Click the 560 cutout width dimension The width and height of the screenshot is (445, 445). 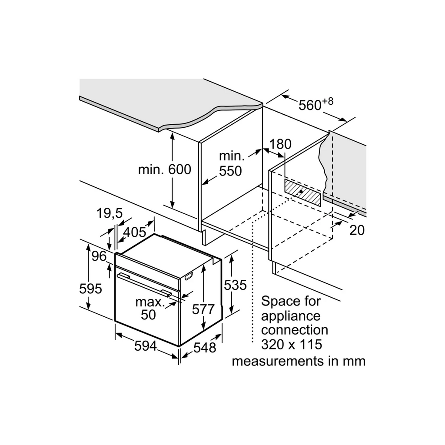tap(310, 105)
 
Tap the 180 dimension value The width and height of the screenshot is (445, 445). tap(280, 144)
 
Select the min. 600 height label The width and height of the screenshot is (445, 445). tap(165, 170)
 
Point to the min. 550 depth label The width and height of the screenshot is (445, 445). tap(231, 163)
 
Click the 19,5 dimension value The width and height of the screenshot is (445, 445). tap(109, 213)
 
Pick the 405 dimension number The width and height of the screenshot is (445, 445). tap(135, 232)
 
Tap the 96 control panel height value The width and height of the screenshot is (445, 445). tap(99, 256)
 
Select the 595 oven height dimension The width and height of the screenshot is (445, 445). tap(90, 289)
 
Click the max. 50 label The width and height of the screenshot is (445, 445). tap(149, 309)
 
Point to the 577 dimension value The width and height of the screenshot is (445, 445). tap(203, 309)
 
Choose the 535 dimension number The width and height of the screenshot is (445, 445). tap(235, 285)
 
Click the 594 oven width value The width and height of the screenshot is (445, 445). tap(145, 345)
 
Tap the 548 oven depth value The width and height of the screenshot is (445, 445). tap(205, 347)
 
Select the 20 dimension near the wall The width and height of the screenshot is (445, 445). tap(357, 230)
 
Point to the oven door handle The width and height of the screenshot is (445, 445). tap(144, 285)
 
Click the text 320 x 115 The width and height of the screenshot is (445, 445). tap(292, 344)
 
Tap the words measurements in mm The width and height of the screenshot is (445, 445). tap(299, 361)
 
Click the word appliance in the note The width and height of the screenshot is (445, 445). tap(291, 316)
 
